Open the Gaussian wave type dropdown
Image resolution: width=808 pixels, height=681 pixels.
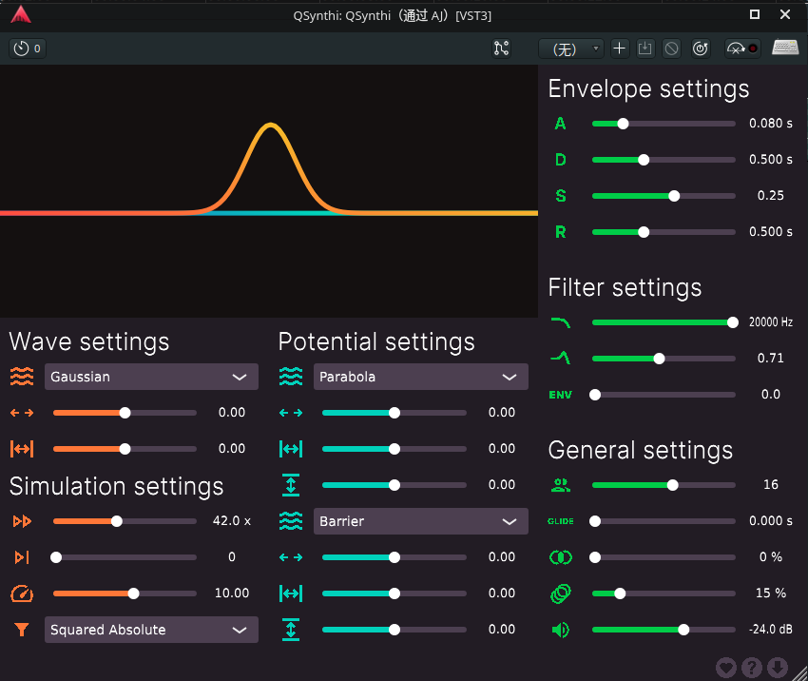pos(151,377)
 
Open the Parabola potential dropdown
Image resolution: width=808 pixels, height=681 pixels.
pos(420,377)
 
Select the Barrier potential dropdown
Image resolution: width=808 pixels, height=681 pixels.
pos(420,521)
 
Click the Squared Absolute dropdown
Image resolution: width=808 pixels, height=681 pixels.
pos(151,630)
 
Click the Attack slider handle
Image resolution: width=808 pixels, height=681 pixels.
pos(623,124)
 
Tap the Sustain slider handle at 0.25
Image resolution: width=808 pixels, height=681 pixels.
pos(674,196)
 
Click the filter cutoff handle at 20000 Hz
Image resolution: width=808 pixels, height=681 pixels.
pos(733,322)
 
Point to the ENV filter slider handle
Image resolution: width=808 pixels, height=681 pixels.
pos(595,395)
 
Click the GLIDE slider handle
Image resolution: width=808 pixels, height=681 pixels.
pos(595,521)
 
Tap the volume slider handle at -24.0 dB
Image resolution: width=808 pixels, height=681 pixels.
pos(683,630)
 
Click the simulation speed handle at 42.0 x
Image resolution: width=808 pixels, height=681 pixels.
pos(117,521)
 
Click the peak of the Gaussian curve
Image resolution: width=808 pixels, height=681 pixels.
pos(271,125)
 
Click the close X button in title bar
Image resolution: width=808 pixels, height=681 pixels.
pos(785,14)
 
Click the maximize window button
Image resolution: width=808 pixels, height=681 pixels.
pos(755,14)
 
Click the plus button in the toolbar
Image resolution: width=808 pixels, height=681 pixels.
pos(620,49)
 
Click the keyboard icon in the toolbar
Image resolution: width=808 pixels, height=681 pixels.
pos(785,48)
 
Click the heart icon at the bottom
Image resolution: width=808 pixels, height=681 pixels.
pos(726,668)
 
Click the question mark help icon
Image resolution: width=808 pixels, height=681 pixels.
pos(752,668)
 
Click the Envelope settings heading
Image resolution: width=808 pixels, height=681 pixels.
pos(648,89)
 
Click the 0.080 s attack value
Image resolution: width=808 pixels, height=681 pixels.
pos(771,124)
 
